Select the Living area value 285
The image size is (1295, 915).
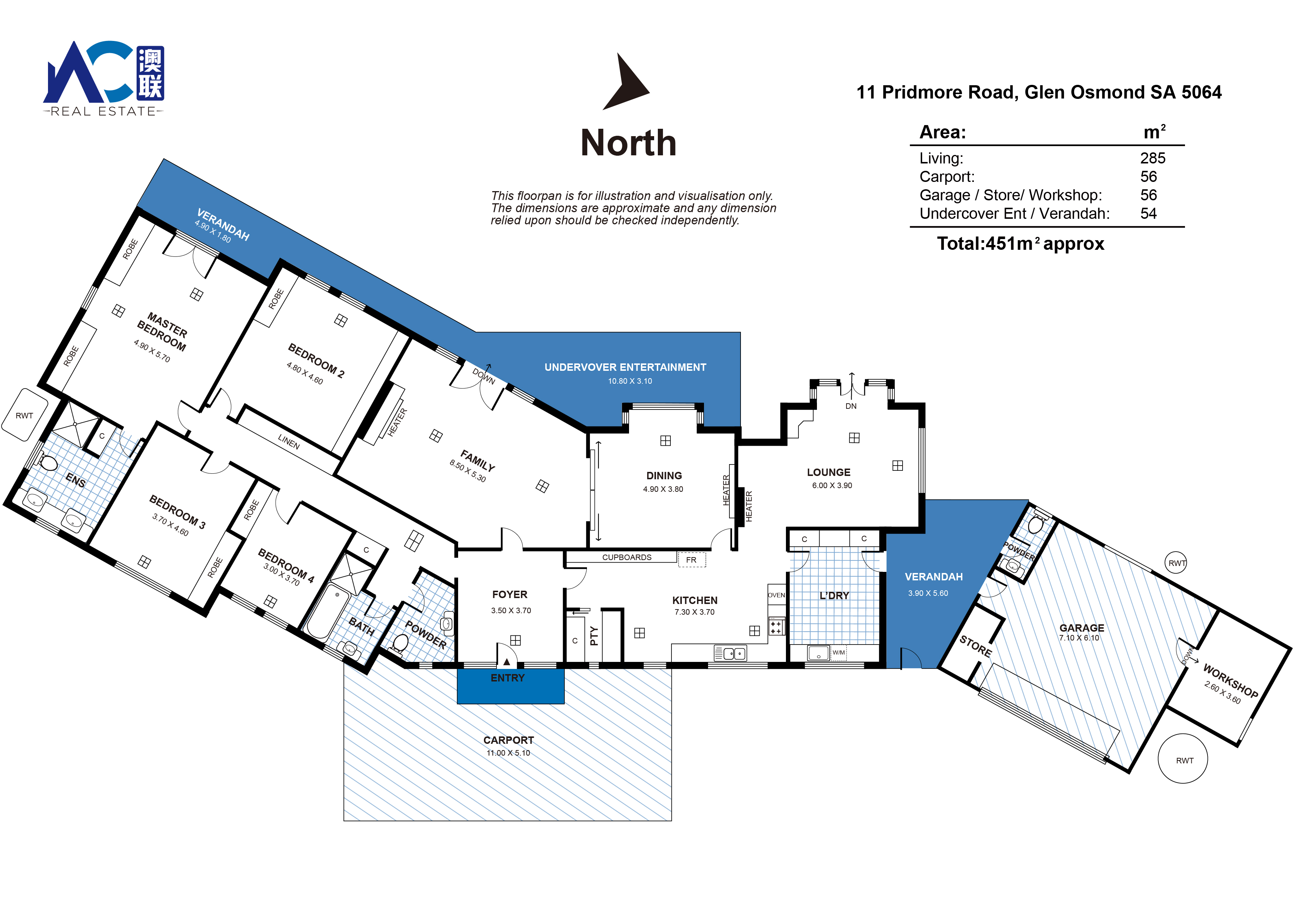1152,158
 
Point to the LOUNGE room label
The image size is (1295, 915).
828,472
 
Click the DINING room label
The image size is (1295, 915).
664,476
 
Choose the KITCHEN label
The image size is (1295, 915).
695,600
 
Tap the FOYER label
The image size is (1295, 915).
510,594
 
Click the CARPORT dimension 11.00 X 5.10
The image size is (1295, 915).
509,753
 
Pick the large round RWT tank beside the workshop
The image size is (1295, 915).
1183,759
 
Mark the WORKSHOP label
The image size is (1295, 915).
1231,680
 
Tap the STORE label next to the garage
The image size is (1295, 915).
976,646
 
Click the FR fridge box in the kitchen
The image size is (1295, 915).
691,560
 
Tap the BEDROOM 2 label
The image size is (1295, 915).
316,360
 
